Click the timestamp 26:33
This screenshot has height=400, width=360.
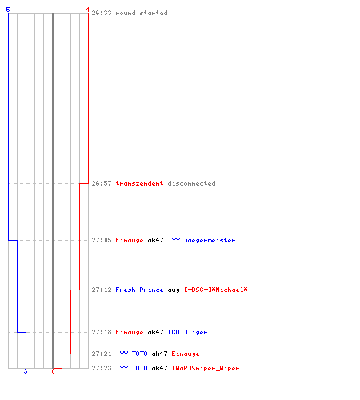click(102, 13)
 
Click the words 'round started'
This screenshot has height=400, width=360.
click(142, 13)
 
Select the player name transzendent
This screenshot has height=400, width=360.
click(139, 183)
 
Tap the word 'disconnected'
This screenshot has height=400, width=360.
click(191, 183)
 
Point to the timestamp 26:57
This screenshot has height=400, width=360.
click(102, 183)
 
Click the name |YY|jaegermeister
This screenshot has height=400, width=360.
click(202, 240)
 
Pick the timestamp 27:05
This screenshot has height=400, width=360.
click(102, 240)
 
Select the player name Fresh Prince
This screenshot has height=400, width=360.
click(139, 290)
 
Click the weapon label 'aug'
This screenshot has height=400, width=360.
click(174, 290)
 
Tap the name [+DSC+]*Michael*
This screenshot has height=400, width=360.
click(216, 290)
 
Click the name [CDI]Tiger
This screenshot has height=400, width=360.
click(188, 332)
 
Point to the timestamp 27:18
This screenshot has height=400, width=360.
click(102, 332)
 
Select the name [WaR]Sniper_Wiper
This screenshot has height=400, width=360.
click(206, 368)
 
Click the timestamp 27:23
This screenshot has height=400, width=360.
click(102, 368)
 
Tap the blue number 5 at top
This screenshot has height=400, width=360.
click(8, 10)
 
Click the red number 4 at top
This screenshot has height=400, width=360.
click(88, 10)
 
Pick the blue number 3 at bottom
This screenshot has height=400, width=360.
click(26, 371)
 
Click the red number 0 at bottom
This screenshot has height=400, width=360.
click(53, 371)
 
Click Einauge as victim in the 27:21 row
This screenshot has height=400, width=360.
click(186, 354)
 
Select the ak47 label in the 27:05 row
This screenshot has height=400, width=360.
click(155, 240)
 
